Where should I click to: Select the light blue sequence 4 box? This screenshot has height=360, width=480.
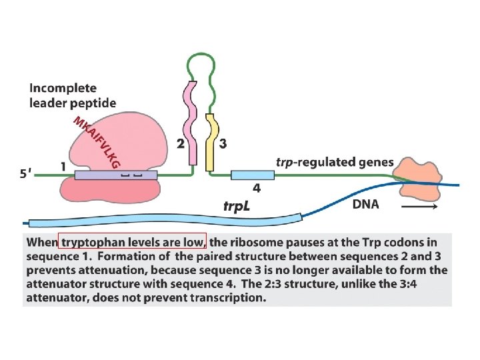253,175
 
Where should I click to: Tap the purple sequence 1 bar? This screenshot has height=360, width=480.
116,175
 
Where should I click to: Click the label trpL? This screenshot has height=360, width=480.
237,206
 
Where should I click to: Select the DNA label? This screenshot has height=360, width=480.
365,204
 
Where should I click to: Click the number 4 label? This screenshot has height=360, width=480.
256,189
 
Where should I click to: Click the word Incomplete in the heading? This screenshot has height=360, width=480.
63,88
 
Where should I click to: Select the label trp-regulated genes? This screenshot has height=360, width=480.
334,162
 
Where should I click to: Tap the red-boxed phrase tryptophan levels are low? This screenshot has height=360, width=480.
133,241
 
